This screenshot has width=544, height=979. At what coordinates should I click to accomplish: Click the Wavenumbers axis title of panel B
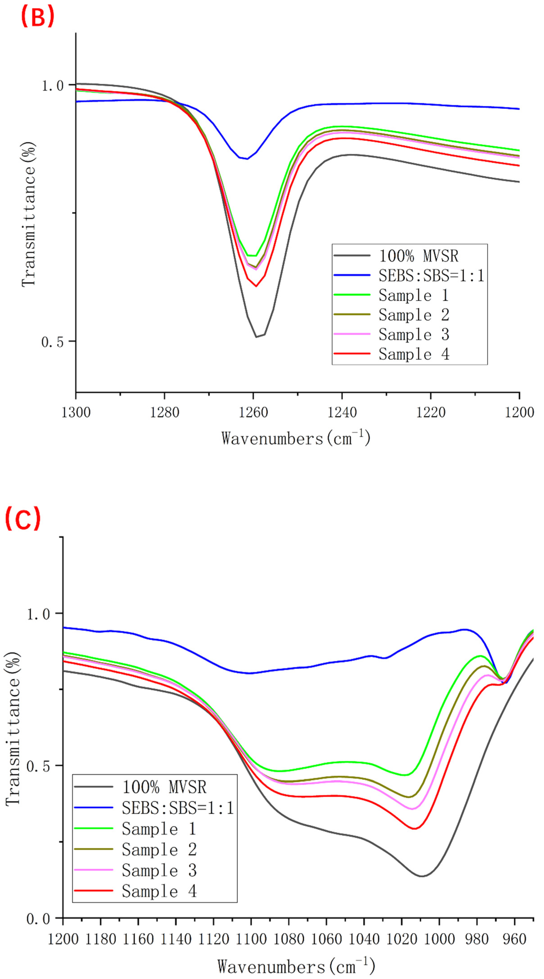pos(296,438)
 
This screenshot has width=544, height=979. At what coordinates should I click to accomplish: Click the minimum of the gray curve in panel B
pos(256,337)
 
